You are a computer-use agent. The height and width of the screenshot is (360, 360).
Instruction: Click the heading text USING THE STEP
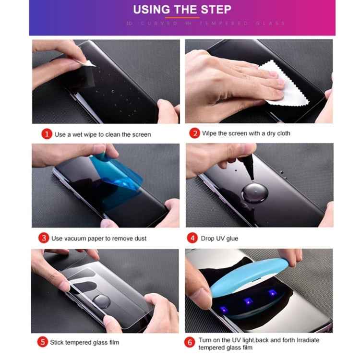[x=182, y=9]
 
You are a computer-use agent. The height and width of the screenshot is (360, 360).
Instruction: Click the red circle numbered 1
[x=46, y=134]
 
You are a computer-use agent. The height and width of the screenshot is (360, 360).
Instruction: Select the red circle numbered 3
[x=44, y=238]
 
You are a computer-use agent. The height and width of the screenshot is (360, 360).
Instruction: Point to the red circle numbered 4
[x=193, y=238]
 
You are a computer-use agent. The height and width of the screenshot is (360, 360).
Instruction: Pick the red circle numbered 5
[x=43, y=342]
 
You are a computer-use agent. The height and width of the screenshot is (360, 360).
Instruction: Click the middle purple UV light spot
[x=248, y=301]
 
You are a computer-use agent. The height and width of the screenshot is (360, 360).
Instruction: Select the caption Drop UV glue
[x=219, y=239]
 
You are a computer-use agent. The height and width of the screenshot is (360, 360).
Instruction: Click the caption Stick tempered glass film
[x=84, y=342]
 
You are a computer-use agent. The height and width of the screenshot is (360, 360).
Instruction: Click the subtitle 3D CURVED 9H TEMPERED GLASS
[x=205, y=23]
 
